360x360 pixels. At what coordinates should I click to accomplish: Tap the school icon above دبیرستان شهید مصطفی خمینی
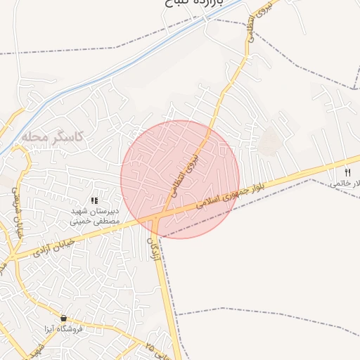(95, 201)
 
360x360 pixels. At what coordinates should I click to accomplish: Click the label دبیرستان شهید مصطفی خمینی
(94, 215)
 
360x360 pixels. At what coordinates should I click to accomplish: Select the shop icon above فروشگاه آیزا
(64, 318)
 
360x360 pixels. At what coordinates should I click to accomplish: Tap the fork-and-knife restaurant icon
(347, 172)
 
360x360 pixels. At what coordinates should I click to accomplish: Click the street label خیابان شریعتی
(16, 208)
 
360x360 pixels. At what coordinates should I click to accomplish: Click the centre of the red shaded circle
(180, 179)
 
